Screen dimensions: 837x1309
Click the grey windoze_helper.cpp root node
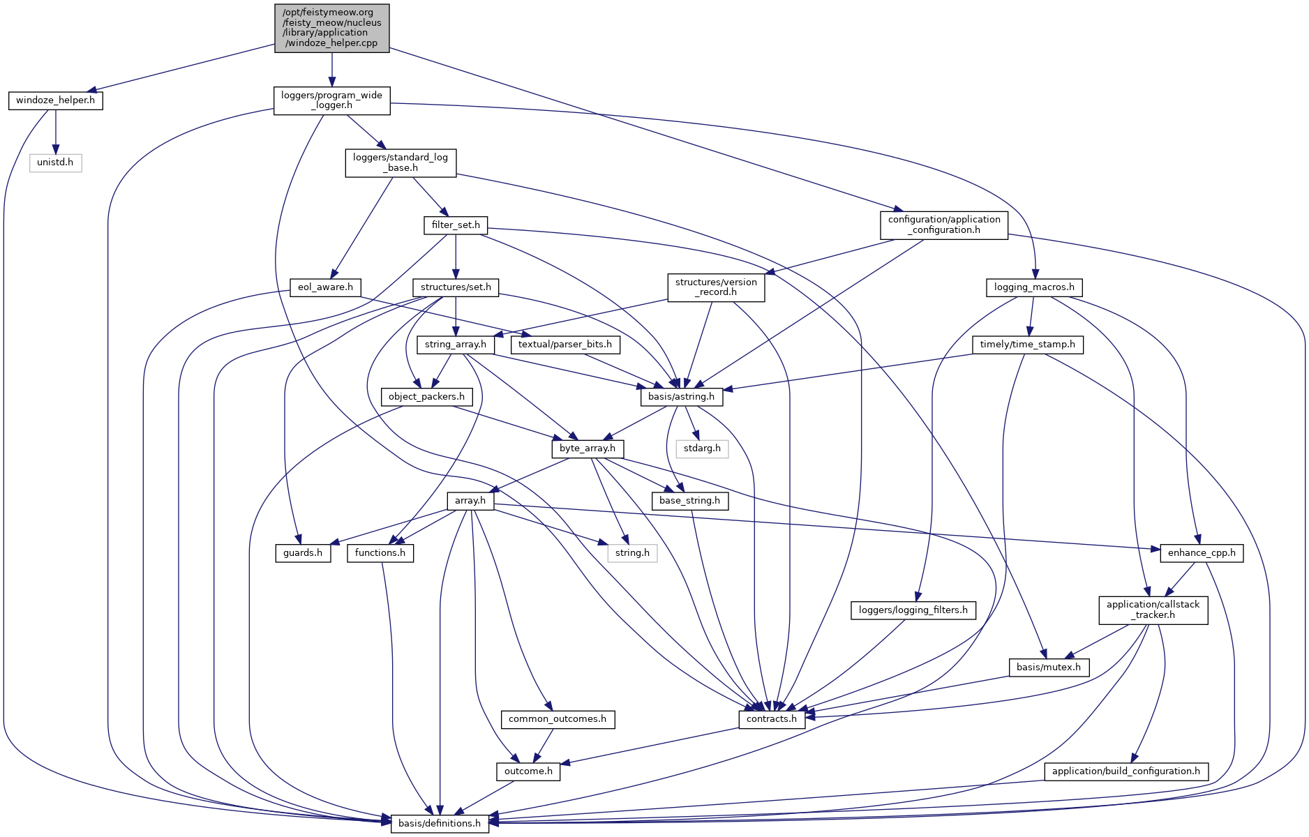pyautogui.click(x=331, y=28)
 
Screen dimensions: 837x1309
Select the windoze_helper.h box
pyautogui.click(x=56, y=100)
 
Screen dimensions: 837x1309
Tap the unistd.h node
pyautogui.click(x=55, y=163)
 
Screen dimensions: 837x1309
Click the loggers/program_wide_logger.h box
pyautogui.click(x=331, y=100)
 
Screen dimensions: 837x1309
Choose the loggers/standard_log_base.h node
pyautogui.click(x=401, y=163)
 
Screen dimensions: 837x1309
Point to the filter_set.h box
pyautogui.click(x=456, y=225)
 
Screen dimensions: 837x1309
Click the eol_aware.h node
pyautogui.click(x=325, y=287)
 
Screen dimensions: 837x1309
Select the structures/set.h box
pyautogui.click(x=456, y=287)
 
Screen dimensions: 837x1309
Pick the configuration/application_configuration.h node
pyautogui.click(x=943, y=225)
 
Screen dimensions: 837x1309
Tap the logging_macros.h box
pyautogui.click(x=1034, y=287)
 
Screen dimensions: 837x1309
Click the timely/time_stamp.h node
pyautogui.click(x=1027, y=345)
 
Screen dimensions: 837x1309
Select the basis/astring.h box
pyautogui.click(x=681, y=397)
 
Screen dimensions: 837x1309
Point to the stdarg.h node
pyautogui.click(x=702, y=448)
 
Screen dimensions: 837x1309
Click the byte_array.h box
pyautogui.click(x=588, y=448)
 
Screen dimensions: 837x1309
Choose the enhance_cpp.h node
pyautogui.click(x=1201, y=553)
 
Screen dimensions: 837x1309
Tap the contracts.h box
pyautogui.click(x=771, y=719)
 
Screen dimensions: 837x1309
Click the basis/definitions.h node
pyautogui.click(x=440, y=824)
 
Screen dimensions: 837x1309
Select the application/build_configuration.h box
pyautogui.click(x=1125, y=771)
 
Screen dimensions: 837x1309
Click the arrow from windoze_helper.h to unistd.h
pyautogui.click(x=56, y=132)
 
